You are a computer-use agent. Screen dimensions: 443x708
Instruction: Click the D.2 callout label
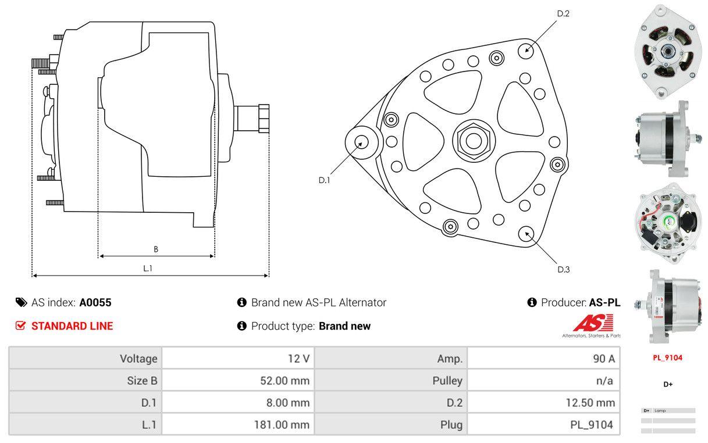[x=563, y=13]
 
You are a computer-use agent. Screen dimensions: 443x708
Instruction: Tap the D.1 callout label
[x=324, y=180]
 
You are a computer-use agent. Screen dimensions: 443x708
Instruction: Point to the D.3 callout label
[x=563, y=269]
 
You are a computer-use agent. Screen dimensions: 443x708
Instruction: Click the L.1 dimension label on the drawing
[x=148, y=268]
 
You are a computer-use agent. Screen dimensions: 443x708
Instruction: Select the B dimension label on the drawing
[x=156, y=249]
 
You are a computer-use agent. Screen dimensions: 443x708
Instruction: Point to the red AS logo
[x=593, y=323]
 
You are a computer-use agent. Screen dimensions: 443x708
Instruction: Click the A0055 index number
[x=95, y=302]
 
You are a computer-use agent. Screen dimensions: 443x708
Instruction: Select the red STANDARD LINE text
[x=72, y=326]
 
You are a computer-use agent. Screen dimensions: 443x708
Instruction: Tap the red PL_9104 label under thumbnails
[x=667, y=358]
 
